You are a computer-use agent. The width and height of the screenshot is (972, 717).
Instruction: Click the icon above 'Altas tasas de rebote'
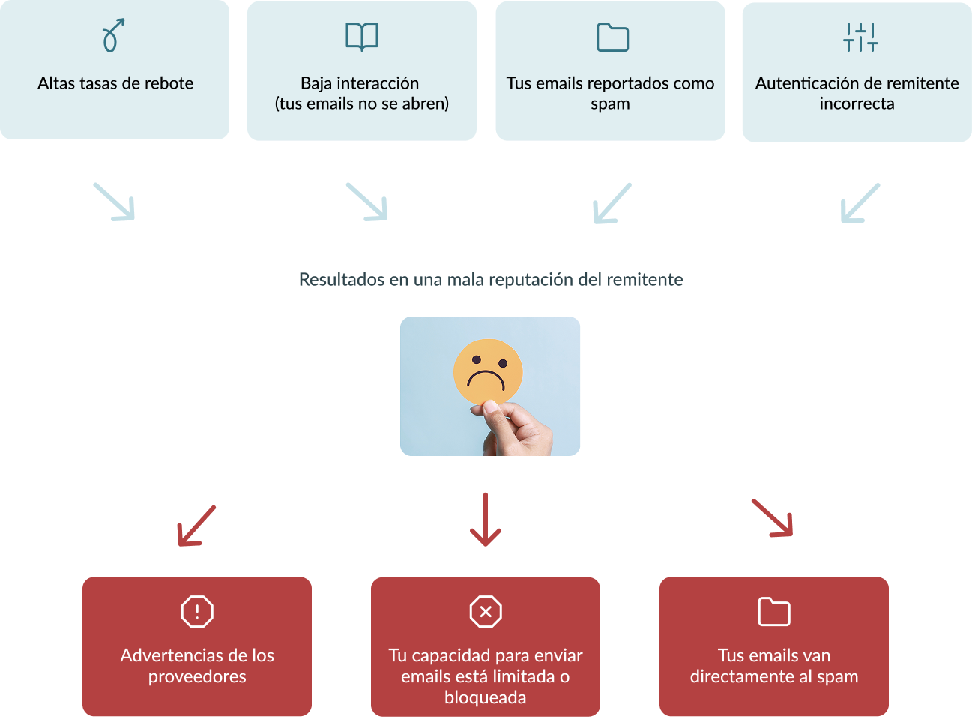[112, 36]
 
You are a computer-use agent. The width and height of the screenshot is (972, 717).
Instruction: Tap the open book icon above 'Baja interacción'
[362, 36]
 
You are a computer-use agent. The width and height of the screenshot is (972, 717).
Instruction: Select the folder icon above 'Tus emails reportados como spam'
[612, 37]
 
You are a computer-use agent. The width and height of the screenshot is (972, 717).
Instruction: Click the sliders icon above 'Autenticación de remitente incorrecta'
[860, 37]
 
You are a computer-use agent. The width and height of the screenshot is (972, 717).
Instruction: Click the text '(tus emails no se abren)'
[362, 103]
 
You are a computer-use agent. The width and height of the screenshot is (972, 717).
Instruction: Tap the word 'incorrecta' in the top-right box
[857, 103]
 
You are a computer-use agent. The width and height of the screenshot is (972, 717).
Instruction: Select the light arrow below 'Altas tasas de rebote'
[115, 202]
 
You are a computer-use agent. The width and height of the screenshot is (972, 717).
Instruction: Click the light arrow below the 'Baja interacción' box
[367, 202]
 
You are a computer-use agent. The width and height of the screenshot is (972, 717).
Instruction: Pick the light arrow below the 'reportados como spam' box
[612, 203]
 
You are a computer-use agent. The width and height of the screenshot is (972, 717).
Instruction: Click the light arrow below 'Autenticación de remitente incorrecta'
[860, 203]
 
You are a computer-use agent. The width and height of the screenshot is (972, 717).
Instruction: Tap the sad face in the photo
[488, 370]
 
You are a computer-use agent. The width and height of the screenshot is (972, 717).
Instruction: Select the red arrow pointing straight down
[486, 519]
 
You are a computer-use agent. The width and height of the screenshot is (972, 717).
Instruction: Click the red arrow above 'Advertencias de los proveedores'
[196, 526]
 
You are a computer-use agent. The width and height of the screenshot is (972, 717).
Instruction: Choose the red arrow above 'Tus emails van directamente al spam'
[773, 518]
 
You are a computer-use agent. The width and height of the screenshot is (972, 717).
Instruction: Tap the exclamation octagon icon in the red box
[197, 611]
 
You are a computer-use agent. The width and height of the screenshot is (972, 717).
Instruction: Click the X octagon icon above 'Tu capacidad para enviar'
[486, 611]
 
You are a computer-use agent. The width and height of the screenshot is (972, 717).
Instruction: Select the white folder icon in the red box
[774, 612]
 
